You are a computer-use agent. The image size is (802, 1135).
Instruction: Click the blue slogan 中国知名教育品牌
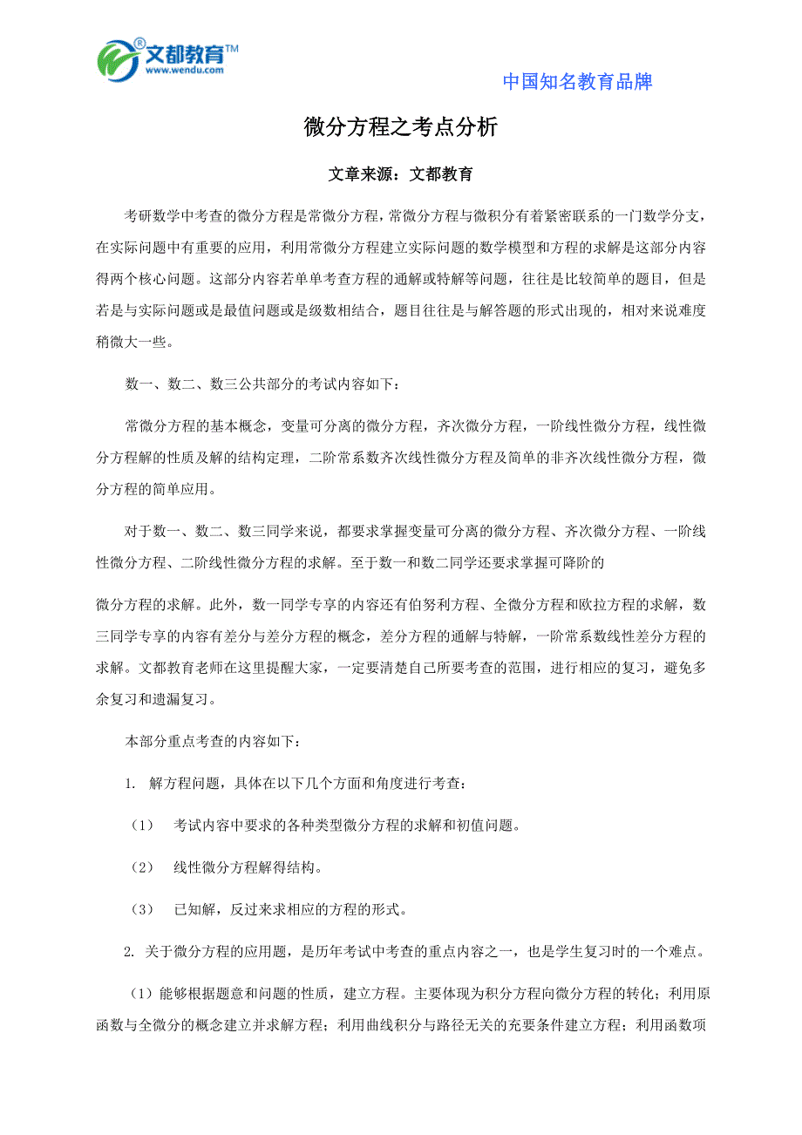[x=577, y=82]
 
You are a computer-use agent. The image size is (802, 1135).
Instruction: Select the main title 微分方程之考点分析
[x=400, y=127]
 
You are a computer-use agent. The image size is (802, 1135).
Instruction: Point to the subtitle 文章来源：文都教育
[x=400, y=174]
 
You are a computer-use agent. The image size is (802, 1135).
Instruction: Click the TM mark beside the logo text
[x=232, y=49]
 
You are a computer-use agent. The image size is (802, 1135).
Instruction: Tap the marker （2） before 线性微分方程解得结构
[x=141, y=867]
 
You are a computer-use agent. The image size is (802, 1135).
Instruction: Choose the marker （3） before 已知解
[x=141, y=909]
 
